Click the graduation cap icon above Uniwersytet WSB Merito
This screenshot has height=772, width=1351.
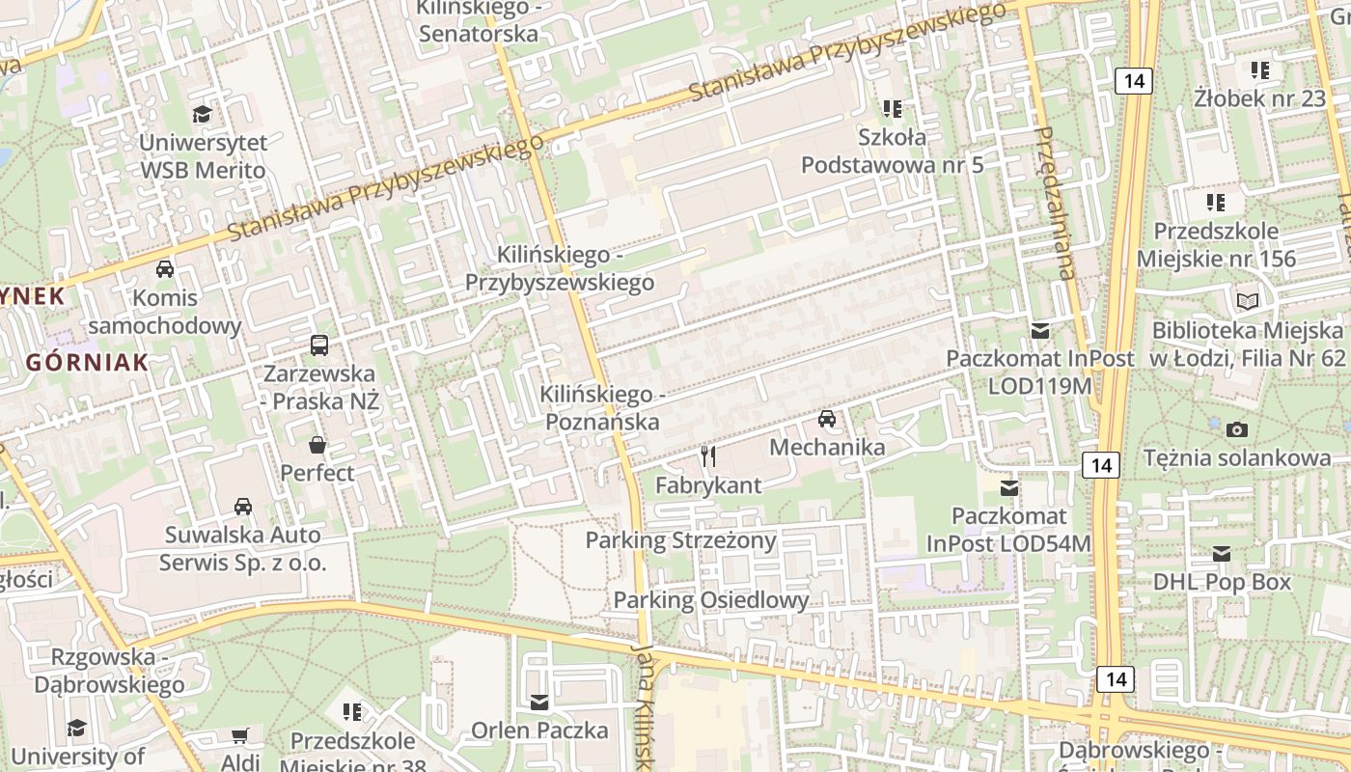202,114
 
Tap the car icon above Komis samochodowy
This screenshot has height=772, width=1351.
165,268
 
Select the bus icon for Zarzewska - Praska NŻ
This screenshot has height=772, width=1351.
318,345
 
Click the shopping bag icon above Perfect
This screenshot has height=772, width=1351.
317,445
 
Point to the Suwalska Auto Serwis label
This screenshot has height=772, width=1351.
243,548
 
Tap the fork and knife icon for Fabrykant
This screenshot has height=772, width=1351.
708,456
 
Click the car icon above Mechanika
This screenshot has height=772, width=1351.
827,419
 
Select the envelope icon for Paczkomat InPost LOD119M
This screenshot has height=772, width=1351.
1039,330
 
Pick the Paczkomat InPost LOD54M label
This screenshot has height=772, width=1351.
1009,530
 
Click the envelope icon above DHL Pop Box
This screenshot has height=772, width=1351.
1222,554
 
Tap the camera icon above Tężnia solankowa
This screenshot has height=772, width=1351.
1236,429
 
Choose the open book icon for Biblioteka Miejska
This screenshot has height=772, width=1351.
1248,301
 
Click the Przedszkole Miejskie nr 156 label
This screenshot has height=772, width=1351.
1216,245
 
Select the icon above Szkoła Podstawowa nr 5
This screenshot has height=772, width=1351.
892,108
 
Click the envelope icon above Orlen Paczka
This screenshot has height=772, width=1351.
538,702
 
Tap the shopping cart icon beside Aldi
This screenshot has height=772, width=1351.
240,736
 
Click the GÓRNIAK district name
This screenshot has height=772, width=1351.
87,363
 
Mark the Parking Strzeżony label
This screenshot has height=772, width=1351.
680,540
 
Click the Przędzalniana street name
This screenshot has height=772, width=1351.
1053,203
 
